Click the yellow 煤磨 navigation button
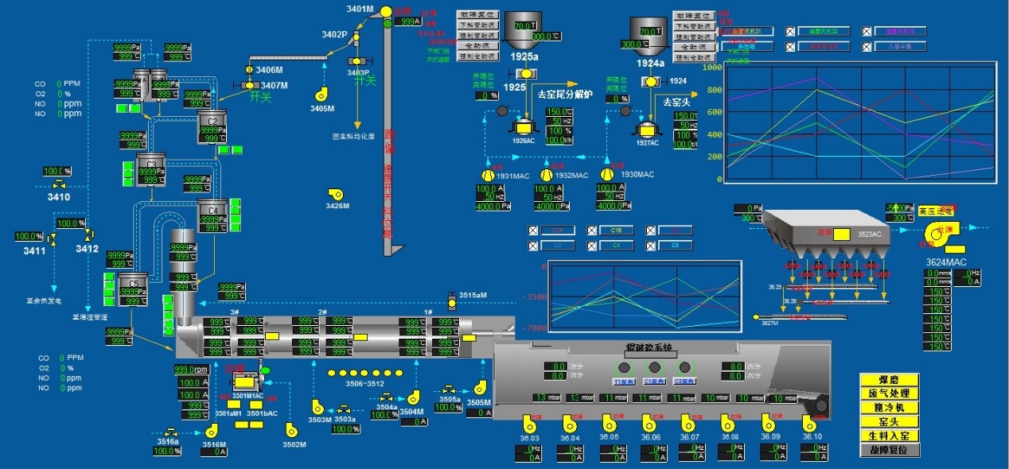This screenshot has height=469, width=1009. [x=889, y=380]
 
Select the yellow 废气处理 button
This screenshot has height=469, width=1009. [x=889, y=393]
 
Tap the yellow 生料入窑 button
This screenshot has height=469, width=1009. [x=889, y=436]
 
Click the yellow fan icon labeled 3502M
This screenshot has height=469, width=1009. [x=291, y=428]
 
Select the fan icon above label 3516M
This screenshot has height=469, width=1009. [x=212, y=428]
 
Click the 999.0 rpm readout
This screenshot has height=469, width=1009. [x=191, y=370]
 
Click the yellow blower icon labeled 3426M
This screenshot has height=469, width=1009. [x=335, y=193]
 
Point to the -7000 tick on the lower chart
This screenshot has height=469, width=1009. [x=533, y=328]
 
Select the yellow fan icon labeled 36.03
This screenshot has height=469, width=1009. [x=528, y=422]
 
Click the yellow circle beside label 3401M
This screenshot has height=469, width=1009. [x=387, y=10]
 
